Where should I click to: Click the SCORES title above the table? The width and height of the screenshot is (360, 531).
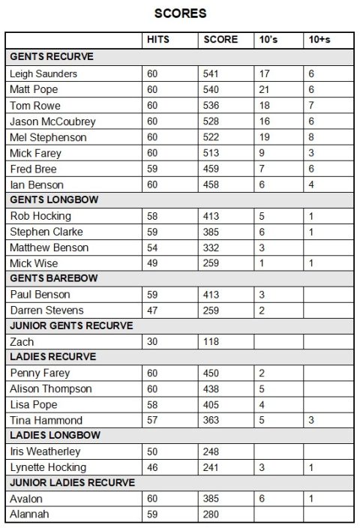[180, 13]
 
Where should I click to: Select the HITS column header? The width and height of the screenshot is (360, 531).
[157, 40]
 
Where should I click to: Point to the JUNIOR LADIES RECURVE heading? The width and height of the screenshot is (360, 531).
[72, 482]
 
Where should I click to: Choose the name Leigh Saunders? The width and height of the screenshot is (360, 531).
[43, 73]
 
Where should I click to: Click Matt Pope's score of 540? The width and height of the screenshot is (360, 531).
[213, 89]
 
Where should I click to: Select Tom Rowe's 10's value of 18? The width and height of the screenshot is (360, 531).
[263, 106]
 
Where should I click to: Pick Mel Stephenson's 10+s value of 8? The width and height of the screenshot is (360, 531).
[311, 137]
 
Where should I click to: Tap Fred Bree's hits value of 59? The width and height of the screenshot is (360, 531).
[152, 169]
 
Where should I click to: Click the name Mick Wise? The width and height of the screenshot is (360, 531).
[34, 263]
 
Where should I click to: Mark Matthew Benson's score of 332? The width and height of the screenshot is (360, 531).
[213, 247]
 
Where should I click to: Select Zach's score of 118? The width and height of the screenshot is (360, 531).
[213, 341]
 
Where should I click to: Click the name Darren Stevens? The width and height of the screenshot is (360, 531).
[46, 310]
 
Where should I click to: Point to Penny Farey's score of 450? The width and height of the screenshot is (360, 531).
[213, 373]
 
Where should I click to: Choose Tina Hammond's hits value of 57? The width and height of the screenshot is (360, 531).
[152, 420]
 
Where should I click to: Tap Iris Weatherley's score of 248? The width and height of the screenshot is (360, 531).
[213, 451]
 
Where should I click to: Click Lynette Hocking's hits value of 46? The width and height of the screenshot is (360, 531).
[152, 467]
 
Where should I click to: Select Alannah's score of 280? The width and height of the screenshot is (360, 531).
[213, 514]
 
